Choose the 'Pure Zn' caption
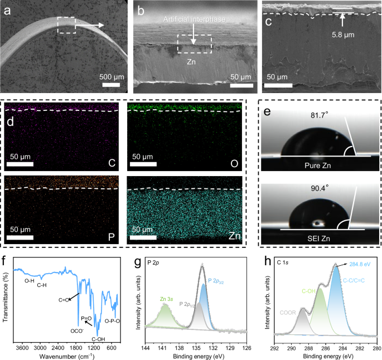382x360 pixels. (x=316, y=165)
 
